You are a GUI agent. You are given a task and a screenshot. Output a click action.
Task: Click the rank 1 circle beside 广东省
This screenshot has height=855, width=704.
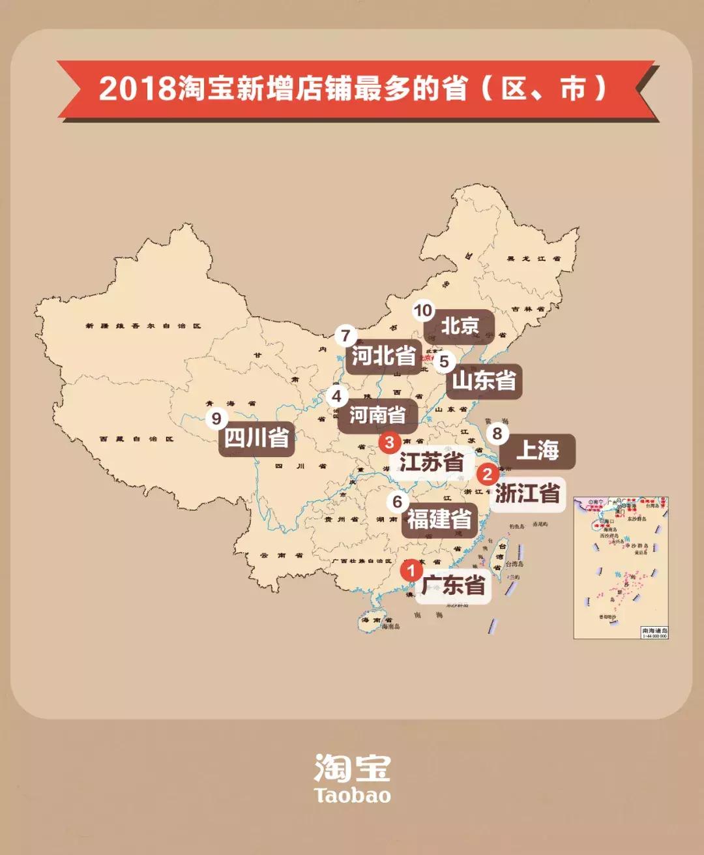(411, 571)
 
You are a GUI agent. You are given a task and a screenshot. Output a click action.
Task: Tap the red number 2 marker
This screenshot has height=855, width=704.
(487, 474)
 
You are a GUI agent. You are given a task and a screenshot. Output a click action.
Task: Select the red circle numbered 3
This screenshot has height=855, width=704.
(389, 443)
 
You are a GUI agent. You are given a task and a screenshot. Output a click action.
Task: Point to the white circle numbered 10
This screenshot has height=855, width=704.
(423, 311)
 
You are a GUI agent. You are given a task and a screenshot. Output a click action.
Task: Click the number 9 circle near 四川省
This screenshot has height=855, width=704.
(216, 419)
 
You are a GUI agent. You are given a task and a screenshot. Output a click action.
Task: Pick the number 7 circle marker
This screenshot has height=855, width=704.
(345, 337)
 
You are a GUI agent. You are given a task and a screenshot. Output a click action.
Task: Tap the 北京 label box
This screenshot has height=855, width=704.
(460, 326)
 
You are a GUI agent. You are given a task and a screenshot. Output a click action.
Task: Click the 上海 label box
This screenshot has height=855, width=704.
(538, 451)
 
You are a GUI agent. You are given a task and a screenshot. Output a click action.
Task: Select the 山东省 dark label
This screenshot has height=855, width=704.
(484, 380)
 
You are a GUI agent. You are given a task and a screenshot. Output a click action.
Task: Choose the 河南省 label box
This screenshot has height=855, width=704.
(377, 415)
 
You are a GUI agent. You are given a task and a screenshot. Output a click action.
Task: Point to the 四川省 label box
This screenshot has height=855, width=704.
(257, 438)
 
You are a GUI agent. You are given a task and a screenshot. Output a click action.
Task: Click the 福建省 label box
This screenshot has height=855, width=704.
(439, 520)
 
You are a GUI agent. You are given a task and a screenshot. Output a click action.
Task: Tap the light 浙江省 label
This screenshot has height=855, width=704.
(527, 493)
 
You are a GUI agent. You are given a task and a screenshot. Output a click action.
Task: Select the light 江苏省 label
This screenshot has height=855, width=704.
(432, 462)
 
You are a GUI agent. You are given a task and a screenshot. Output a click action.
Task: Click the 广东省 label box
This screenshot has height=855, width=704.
(454, 585)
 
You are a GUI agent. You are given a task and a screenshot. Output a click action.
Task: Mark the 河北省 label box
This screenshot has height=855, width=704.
(384, 356)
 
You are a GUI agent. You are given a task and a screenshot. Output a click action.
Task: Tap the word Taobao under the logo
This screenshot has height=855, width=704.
(352, 796)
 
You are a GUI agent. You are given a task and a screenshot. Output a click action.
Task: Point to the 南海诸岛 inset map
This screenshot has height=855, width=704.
(621, 567)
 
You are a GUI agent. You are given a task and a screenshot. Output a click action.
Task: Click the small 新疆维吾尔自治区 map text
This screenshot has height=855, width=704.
(143, 325)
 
